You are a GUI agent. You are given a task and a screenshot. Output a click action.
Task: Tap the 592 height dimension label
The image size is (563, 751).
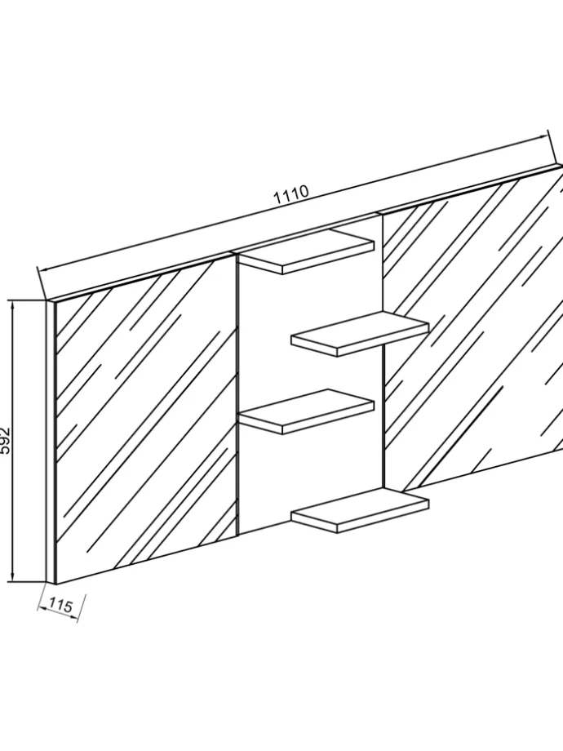coord(7,442)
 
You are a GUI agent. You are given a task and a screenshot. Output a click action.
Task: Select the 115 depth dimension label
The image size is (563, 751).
coord(60,606)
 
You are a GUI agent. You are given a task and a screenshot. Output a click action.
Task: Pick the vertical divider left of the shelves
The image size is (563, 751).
coord(237,392)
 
